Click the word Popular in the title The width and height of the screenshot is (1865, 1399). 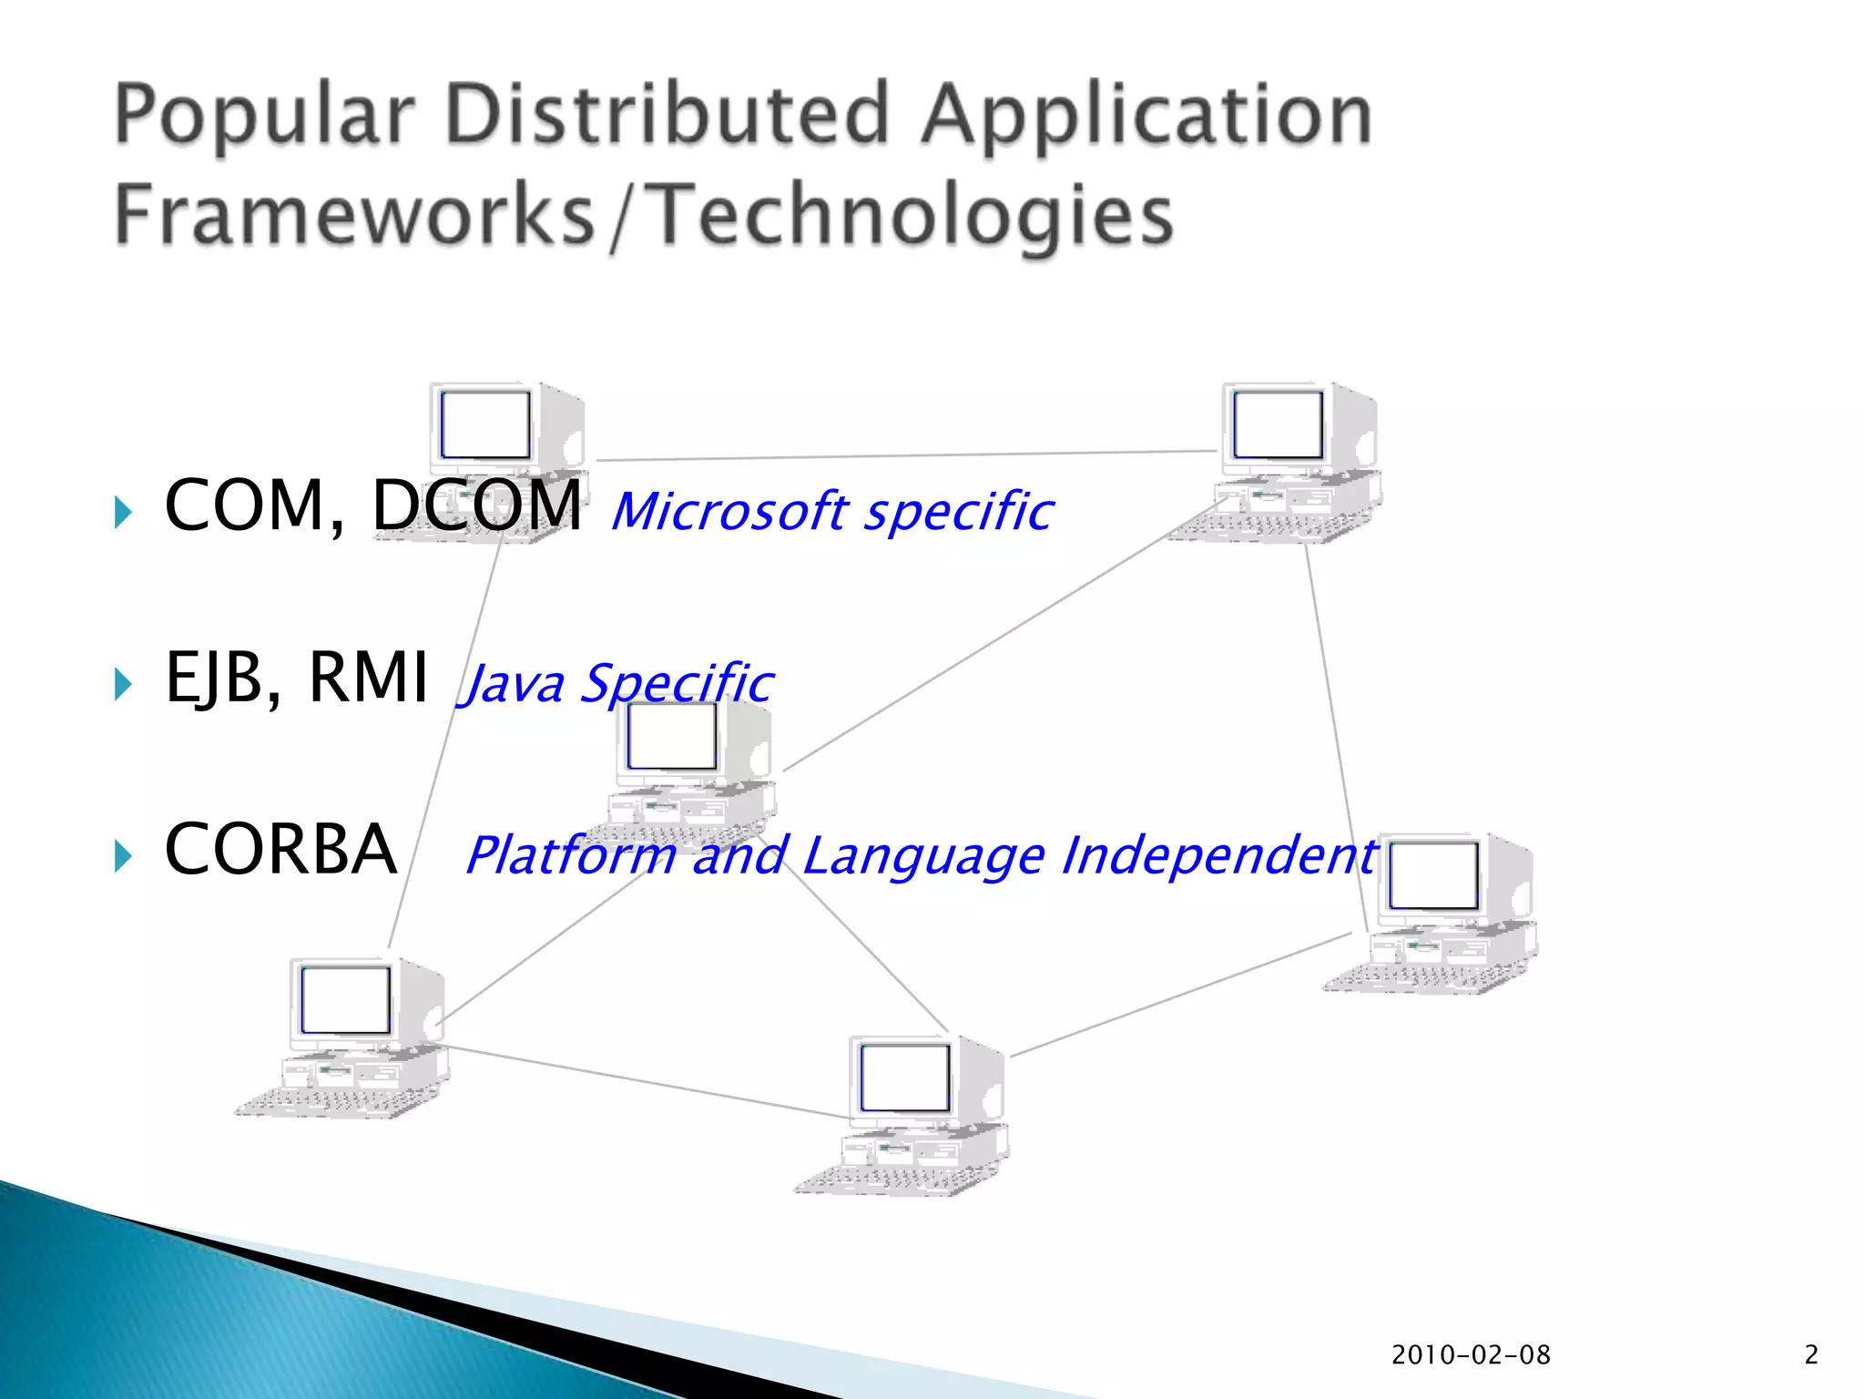tap(265, 116)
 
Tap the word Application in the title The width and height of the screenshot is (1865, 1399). tap(1146, 116)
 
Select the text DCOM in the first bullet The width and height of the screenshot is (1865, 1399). tap(476, 505)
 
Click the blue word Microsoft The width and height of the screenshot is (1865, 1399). tap(729, 511)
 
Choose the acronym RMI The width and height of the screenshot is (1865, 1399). tap(368, 678)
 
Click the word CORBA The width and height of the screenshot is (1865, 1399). tap(280, 849)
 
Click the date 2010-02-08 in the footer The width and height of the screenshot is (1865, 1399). tap(1470, 1355)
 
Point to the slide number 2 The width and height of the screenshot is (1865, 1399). tap(1811, 1355)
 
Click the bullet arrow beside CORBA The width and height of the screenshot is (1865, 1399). tap(123, 856)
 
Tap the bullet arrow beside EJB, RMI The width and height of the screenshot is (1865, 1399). tap(123, 684)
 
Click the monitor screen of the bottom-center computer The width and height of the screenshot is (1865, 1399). tap(904, 1077)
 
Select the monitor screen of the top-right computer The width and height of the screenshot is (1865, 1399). tap(1278, 424)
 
